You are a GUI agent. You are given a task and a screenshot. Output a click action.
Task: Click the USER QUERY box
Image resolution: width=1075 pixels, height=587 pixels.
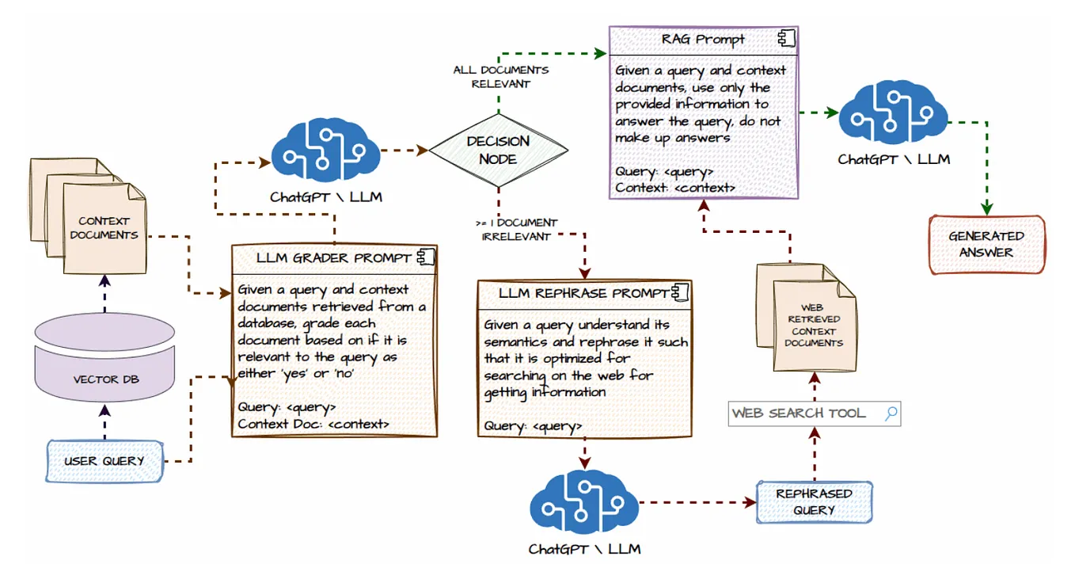coord(104,461)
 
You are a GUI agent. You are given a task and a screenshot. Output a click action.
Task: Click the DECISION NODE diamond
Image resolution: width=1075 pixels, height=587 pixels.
coord(498,150)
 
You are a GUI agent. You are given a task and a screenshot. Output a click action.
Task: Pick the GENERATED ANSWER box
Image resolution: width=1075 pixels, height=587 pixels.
coord(986,244)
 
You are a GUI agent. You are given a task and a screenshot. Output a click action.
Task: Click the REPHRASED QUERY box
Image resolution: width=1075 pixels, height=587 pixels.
coord(813,501)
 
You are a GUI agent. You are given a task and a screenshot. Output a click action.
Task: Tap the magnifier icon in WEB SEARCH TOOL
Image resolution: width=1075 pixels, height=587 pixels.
coord(891,413)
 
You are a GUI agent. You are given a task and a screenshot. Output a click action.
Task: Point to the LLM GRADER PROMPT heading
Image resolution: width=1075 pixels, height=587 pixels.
coord(333,258)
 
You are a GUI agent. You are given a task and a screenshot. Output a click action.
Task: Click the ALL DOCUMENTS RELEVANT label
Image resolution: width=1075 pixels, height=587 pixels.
coord(500,76)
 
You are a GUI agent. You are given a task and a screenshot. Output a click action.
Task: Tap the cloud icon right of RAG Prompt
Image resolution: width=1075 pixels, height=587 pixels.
coord(893,116)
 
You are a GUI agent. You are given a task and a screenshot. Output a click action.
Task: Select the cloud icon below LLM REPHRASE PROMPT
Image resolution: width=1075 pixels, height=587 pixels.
coord(584,502)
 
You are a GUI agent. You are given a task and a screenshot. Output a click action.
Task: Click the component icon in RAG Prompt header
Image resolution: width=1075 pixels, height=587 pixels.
coord(786,38)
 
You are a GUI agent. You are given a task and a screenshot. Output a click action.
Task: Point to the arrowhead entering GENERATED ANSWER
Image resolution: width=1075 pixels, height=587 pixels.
coord(986,208)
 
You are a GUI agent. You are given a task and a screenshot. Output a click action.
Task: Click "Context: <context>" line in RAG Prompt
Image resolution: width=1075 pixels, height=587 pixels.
coord(675,188)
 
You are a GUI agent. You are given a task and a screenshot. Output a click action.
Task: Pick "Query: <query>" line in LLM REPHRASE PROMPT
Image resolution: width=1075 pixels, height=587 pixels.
coord(533,426)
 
